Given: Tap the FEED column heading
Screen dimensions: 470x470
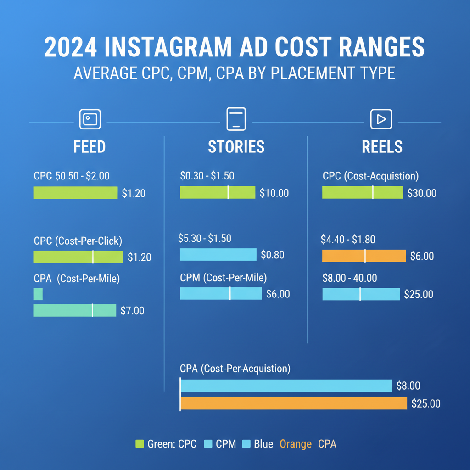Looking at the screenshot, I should coord(90,147).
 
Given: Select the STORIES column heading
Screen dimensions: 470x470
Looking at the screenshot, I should coord(236,147).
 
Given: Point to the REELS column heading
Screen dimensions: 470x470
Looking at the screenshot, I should coord(382,147).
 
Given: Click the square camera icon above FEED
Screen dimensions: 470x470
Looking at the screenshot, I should coord(90,119).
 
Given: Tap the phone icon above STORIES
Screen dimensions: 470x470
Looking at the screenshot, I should coord(236,119).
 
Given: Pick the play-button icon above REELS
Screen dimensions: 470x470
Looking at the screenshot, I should coord(381,119).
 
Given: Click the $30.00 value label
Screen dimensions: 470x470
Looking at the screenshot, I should coord(422,193).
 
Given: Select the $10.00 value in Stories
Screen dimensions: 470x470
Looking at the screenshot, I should coord(274,193).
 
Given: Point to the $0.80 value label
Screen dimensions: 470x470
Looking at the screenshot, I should coord(272,255).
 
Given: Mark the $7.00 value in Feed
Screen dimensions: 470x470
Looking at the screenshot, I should coord(132,311).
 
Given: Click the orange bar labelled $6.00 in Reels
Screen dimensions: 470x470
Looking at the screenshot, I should coord(364,256).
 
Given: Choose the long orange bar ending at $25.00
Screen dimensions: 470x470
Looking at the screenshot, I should coord(293,403).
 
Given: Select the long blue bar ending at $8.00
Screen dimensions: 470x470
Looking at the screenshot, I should coord(286,386).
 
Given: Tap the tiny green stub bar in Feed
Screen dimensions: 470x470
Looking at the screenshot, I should coord(38,294).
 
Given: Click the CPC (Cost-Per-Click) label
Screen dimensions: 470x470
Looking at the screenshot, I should coord(78,241).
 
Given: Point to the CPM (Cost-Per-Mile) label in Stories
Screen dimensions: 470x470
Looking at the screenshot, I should coord(223,278).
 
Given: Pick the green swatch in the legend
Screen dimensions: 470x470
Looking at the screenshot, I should coord(140,444).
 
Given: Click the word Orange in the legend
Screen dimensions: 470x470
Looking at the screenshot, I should coord(296,444).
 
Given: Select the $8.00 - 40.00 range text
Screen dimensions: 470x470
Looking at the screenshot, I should coord(350,278).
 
